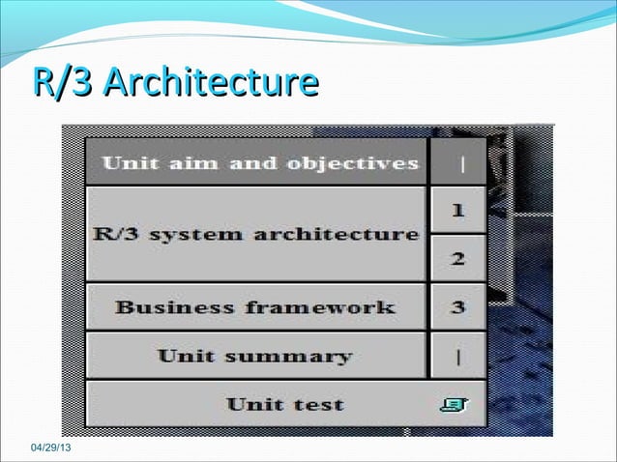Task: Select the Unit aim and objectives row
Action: [x=257, y=162]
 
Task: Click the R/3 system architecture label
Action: [x=256, y=234]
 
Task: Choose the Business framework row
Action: [x=255, y=307]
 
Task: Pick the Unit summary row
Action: [x=255, y=356]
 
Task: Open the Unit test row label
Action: [x=284, y=404]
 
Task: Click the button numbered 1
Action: [x=458, y=210]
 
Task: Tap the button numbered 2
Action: [x=458, y=258]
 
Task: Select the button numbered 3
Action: [x=458, y=307]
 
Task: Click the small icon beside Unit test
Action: [x=452, y=405]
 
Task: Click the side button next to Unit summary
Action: [x=458, y=356]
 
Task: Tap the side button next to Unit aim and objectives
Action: [x=458, y=162]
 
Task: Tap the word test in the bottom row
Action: [x=318, y=404]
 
